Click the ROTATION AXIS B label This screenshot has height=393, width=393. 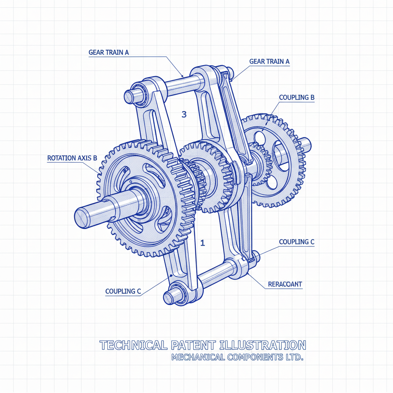pos(72,158)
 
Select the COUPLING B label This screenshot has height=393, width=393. pos(297,97)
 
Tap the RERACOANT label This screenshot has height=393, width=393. pos(285,284)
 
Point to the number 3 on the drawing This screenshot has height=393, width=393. pos(184,114)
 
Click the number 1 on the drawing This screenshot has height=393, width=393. pos(203,243)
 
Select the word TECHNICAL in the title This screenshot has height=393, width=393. pos(132,345)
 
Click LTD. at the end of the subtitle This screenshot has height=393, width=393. pos(291,358)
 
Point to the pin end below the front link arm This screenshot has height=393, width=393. pos(169,297)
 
